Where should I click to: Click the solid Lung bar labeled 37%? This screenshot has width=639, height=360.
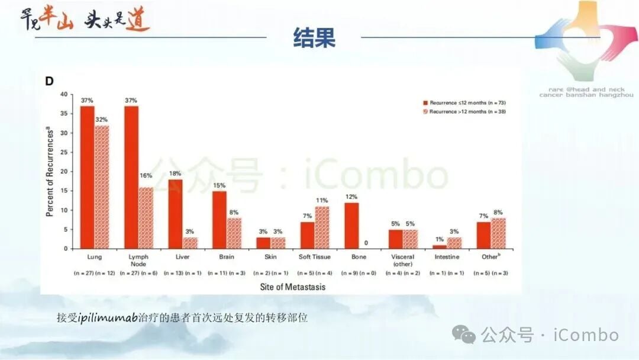click(x=87, y=177)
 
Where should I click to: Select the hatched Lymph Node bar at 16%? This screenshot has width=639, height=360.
click(x=146, y=218)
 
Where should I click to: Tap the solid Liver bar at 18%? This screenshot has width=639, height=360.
click(x=175, y=214)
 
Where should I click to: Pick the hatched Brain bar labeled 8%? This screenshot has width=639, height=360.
click(x=234, y=233)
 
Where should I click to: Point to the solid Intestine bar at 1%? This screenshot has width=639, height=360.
click(x=440, y=247)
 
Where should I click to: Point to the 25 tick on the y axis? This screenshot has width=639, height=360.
click(x=64, y=152)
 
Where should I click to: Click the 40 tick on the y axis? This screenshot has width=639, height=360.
click(x=64, y=94)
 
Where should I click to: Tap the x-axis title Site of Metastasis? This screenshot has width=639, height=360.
click(x=292, y=287)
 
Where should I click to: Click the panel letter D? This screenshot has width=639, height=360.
click(x=50, y=81)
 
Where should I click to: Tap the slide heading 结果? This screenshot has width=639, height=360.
click(x=314, y=37)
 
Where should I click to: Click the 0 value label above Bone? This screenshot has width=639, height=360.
click(x=366, y=243)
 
